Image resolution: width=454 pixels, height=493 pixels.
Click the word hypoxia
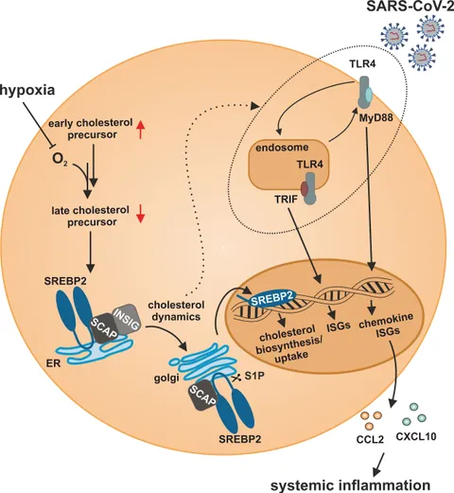[x=27, y=91]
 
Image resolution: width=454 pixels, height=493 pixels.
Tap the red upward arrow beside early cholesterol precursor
[x=141, y=130]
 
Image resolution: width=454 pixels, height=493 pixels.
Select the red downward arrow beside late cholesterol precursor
[x=140, y=214]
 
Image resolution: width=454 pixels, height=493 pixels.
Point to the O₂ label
[x=60, y=160]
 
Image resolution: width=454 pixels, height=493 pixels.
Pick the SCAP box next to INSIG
[x=105, y=329]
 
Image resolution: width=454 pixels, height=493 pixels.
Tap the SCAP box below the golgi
[x=203, y=396]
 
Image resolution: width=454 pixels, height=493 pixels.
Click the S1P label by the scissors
[x=254, y=376]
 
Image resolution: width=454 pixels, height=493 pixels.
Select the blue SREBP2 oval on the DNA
[x=271, y=298]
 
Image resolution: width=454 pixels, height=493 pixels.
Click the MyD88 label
[x=376, y=118]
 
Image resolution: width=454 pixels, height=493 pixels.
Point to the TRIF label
[x=286, y=200]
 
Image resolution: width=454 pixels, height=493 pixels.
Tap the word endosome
[x=282, y=148]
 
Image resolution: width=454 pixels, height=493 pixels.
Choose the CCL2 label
[x=370, y=439]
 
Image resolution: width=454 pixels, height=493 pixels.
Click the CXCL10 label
[x=416, y=436]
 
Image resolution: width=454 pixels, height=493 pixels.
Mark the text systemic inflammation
[x=350, y=485]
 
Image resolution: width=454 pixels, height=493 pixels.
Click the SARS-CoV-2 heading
[x=410, y=7]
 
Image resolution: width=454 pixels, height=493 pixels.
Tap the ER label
[x=53, y=363]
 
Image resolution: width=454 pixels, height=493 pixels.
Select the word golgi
[x=166, y=379]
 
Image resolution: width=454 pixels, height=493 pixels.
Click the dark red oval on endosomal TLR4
[x=305, y=188]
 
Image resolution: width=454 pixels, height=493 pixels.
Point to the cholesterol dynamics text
[x=176, y=310]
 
